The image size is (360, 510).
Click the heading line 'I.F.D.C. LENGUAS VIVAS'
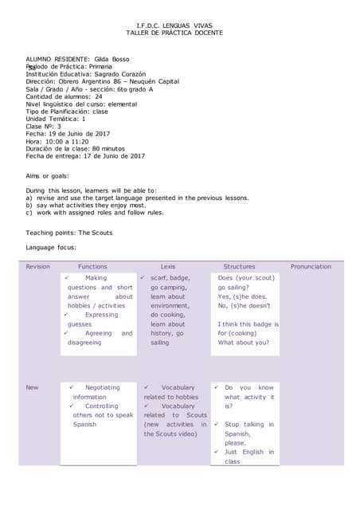(x=174, y=25)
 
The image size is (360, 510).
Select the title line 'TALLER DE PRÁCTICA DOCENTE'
(x=174, y=33)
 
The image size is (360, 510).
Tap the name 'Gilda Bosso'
(x=112, y=59)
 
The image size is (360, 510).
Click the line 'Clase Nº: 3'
(x=44, y=126)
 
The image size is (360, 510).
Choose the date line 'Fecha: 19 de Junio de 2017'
(x=68, y=134)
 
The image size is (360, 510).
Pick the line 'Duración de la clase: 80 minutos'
(x=75, y=148)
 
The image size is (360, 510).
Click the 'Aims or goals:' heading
(x=48, y=175)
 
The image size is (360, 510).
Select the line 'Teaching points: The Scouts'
(x=69, y=233)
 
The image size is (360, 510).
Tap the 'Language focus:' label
(x=51, y=248)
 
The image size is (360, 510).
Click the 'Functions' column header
(x=92, y=266)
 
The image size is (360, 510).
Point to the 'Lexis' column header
(x=168, y=266)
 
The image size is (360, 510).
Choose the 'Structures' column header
(x=239, y=266)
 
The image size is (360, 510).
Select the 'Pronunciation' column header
(x=311, y=266)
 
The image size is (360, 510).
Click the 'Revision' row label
(x=38, y=266)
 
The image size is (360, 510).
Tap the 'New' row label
(x=32, y=387)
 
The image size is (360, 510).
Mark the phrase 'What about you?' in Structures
(x=243, y=343)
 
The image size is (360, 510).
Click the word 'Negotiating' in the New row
(x=102, y=387)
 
